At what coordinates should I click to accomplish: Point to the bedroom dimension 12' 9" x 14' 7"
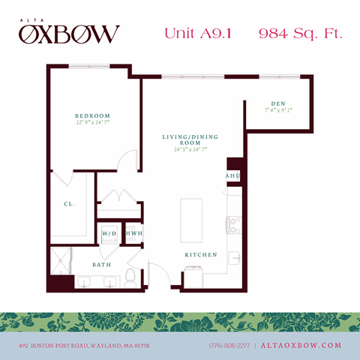coord(93,123)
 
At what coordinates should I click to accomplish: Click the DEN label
coord(277,103)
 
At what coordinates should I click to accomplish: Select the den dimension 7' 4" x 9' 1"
coord(277,110)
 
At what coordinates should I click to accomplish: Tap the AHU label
coord(232,176)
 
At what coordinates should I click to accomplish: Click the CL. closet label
coord(68,203)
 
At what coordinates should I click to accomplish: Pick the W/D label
coord(109,234)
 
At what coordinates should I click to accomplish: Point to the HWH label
coord(133,234)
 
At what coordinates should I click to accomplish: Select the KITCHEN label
coord(201,255)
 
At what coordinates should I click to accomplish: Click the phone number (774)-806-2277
coord(229,345)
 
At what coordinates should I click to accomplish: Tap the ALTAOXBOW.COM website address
coord(301,345)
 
